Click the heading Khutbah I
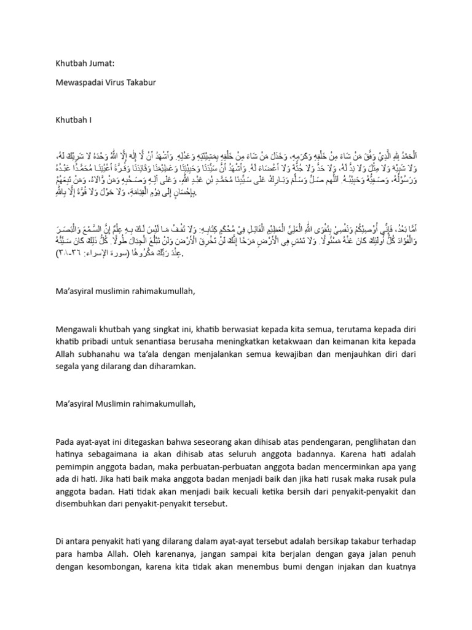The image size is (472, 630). [x=73, y=121]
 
